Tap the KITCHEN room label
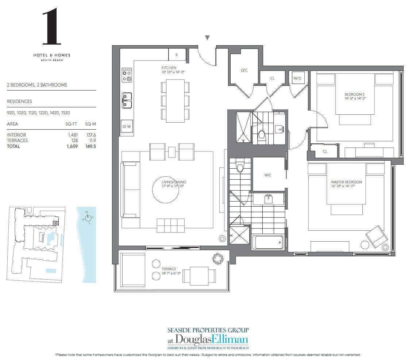169,68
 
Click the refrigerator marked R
177,55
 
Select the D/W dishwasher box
127,126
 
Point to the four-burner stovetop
127,74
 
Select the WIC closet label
268,175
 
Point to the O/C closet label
244,70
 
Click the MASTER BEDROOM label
346,182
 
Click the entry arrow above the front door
207,38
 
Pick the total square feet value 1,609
72,146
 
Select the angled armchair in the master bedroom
377,237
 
